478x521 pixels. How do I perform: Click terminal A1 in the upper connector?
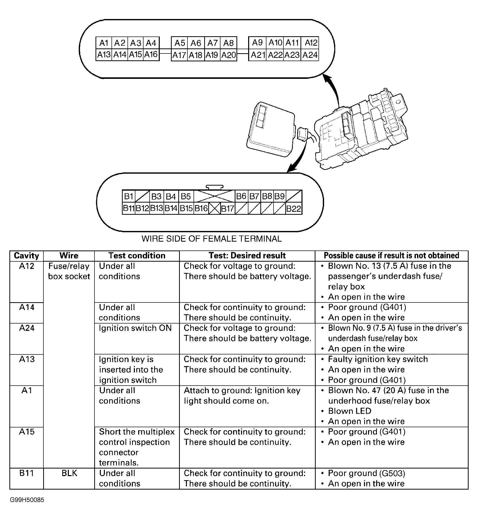click(104, 43)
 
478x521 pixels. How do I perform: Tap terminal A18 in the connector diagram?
click(196, 55)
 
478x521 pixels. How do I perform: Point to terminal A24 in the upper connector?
click(310, 55)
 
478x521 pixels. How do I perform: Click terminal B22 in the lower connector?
click(294, 209)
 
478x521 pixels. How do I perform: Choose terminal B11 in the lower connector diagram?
click(129, 208)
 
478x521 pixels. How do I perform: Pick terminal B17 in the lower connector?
click(228, 209)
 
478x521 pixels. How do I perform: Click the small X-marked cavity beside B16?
click(214, 209)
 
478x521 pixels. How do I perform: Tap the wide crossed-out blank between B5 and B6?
click(214, 196)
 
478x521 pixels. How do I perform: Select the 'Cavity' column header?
click(26, 256)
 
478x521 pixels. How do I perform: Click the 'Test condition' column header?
click(137, 256)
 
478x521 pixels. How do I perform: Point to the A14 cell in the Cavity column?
click(27, 308)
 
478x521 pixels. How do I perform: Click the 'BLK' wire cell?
click(69, 473)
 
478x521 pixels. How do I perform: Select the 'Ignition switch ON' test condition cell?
click(135, 328)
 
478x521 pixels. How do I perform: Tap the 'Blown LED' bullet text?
click(349, 411)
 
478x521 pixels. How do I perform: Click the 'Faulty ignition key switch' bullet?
click(378, 359)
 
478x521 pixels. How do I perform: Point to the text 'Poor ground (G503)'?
click(367, 473)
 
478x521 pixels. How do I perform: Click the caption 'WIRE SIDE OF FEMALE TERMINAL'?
click(211, 239)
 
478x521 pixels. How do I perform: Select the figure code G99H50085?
click(27, 507)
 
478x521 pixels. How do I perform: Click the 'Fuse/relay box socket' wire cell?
click(69, 271)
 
